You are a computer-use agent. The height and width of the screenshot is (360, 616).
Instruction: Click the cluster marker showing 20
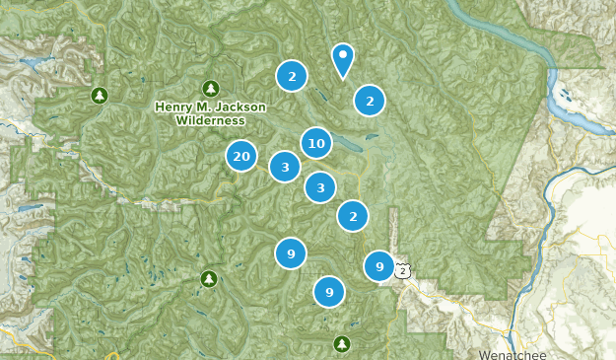click(241, 156)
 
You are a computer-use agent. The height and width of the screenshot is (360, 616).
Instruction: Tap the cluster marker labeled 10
click(315, 144)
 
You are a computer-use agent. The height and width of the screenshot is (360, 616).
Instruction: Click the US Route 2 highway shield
click(402, 269)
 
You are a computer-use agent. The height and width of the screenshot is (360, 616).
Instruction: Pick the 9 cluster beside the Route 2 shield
click(379, 266)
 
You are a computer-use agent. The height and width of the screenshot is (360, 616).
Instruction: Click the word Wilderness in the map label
click(210, 120)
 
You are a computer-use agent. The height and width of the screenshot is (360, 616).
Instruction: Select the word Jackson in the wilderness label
click(240, 107)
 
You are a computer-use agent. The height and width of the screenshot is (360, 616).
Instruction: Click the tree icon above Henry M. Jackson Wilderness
click(210, 88)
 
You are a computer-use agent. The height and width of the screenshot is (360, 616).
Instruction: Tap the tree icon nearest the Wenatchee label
click(341, 343)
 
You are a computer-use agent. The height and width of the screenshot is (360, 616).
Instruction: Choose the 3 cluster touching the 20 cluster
click(285, 167)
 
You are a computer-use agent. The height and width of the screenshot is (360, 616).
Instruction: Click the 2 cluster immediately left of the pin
click(292, 75)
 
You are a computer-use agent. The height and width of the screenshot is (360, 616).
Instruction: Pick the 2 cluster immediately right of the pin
click(369, 100)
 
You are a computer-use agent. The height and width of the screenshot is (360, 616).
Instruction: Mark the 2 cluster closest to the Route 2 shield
click(353, 215)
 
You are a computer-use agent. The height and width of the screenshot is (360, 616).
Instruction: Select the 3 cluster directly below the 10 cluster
click(320, 186)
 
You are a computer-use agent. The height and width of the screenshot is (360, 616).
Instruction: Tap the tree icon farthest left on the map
click(99, 95)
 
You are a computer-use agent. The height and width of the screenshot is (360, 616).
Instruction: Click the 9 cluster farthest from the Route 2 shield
click(291, 253)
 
